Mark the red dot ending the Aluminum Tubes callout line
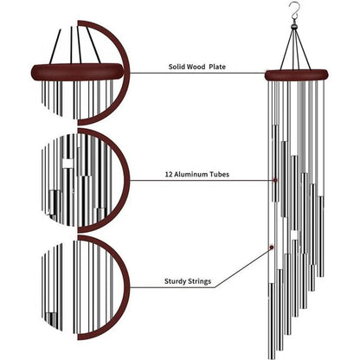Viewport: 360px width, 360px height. pos(276,181)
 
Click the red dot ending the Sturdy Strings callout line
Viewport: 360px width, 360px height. pos(273,247)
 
